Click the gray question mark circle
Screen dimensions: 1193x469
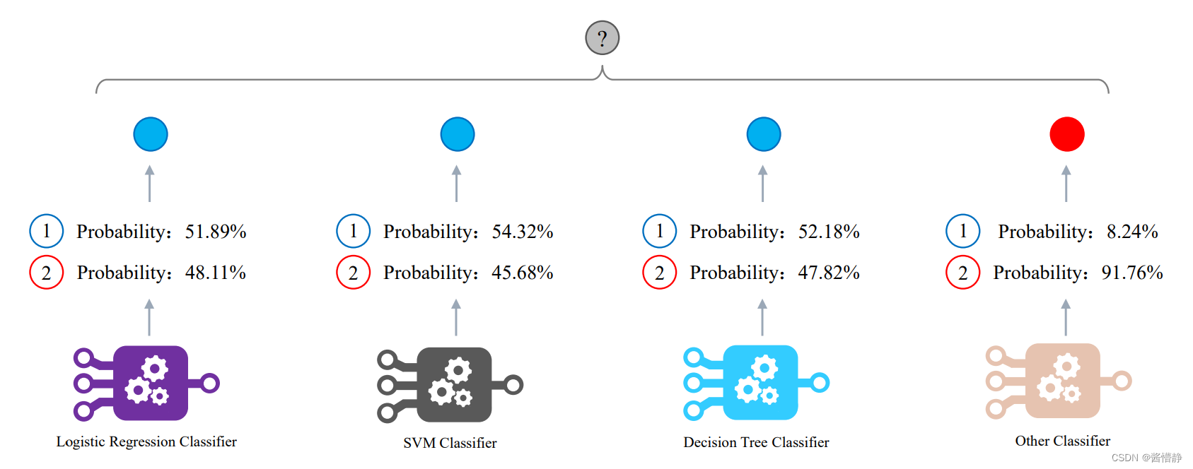[602, 38]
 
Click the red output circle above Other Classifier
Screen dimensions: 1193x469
[1066, 134]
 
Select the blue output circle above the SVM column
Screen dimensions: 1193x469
[457, 134]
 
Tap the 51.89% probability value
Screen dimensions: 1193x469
[216, 232]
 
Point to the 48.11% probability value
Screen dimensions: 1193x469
[216, 273]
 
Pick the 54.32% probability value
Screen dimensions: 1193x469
[523, 232]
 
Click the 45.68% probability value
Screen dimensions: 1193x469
[523, 273]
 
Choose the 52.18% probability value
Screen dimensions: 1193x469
[829, 232]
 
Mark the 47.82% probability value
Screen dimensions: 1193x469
[829, 273]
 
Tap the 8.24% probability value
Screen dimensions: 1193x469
[1132, 232]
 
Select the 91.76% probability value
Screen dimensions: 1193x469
[1132, 273]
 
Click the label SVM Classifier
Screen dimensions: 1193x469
[450, 443]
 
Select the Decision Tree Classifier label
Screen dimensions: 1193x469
[756, 442]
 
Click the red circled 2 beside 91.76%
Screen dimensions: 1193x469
[962, 273]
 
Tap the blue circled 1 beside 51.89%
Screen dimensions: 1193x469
[47, 231]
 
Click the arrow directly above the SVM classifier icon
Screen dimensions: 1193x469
[456, 317]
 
